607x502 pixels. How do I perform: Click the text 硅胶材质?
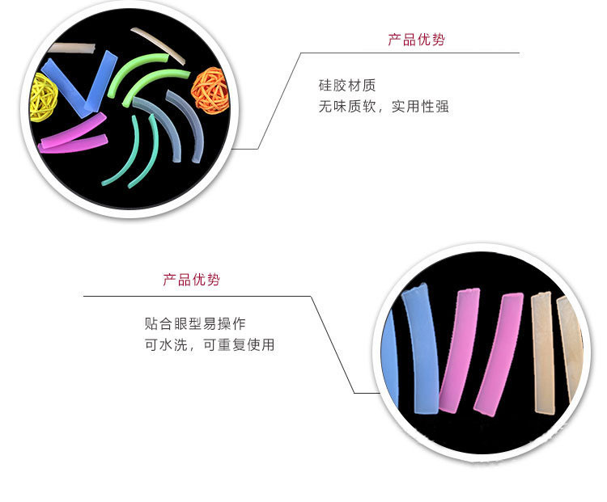pyautogui.click(x=347, y=85)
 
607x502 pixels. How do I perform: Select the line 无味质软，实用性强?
pyautogui.click(x=384, y=106)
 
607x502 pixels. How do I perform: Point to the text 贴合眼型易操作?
pyautogui.click(x=194, y=323)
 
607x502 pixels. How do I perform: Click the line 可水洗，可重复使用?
pyautogui.click(x=209, y=344)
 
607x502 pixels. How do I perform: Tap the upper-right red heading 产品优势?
pyautogui.click(x=416, y=40)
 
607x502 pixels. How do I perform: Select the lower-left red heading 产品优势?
pyautogui.click(x=191, y=280)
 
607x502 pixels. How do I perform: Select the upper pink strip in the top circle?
pyautogui.click(x=77, y=129)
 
